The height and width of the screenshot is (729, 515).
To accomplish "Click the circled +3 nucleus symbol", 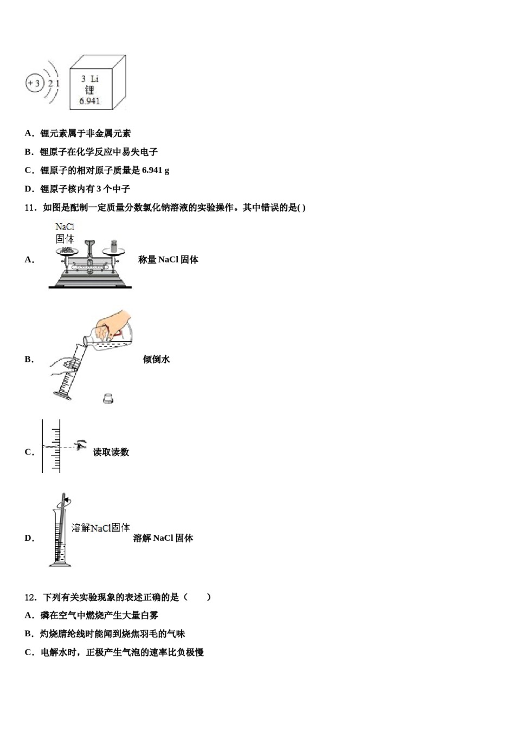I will click(34, 83).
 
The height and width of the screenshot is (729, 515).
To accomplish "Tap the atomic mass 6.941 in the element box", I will click(89, 101).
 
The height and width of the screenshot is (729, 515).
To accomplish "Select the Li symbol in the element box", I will click(95, 79).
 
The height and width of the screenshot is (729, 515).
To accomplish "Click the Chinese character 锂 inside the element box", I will click(89, 90).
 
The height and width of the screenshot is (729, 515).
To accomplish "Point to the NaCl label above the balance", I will click(65, 227).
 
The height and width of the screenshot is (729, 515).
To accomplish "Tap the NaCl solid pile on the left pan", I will click(67, 250).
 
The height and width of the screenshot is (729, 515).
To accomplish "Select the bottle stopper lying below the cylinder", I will click(108, 398).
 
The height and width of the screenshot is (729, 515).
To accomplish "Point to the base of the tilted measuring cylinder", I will click(62, 395).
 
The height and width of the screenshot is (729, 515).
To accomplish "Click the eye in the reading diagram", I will click(81, 445).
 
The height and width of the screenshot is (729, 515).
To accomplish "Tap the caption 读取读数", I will click(111, 452).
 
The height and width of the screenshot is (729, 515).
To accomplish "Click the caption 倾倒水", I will click(156, 359).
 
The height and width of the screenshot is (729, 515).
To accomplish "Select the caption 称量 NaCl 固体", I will click(168, 260).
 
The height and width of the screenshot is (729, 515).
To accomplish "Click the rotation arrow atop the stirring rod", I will click(65, 500).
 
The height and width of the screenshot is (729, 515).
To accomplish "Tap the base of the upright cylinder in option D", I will click(60, 565).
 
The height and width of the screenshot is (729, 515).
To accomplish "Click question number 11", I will click(30, 208).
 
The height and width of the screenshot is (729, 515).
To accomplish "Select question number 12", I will click(30, 597).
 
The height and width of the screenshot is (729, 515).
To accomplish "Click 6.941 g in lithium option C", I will click(155, 170).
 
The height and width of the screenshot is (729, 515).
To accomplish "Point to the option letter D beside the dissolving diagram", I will click(29, 538).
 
